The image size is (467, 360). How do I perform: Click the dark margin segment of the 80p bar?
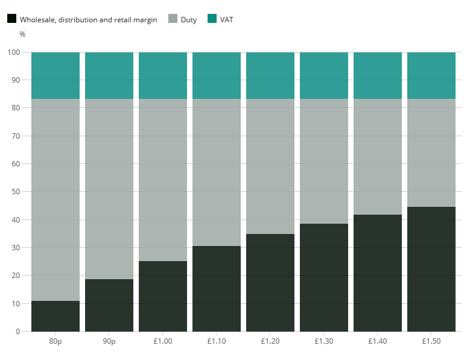tap(56, 316)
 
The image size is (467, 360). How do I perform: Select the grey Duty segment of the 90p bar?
tap(109, 189)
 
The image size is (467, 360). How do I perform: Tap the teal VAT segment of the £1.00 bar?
tap(163, 75)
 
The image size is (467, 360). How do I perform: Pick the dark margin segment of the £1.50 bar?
tap(431, 269)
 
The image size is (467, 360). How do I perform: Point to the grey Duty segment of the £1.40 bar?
tap(378, 157)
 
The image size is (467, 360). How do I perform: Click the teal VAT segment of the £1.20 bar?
tap(270, 75)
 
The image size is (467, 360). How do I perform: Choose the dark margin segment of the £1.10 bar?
tap(217, 289)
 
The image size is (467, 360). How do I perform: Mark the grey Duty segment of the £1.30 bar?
tap(324, 161)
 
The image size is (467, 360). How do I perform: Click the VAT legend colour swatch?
tap(212, 19)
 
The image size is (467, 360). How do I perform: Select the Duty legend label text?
tap(188, 20)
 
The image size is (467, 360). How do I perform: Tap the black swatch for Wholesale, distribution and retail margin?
tap(11, 19)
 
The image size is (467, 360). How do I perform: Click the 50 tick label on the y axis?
tap(16, 192)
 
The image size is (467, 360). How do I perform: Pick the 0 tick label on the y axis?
tap(18, 332)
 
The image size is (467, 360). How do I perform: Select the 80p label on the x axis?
tap(56, 341)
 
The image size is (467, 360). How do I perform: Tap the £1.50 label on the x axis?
tap(431, 341)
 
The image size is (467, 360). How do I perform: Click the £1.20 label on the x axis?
tap(270, 341)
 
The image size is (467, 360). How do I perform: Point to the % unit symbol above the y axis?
tap(22, 34)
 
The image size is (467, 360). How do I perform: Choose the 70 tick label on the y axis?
tap(16, 136)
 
